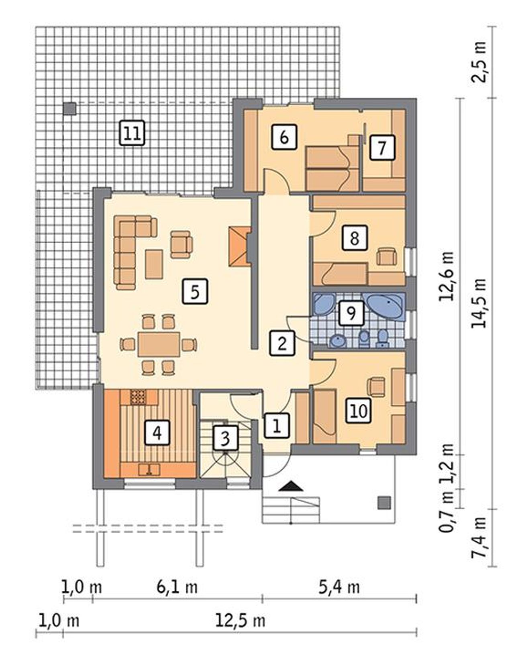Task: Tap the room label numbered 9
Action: click(x=351, y=313)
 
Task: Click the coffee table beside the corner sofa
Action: click(x=154, y=264)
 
